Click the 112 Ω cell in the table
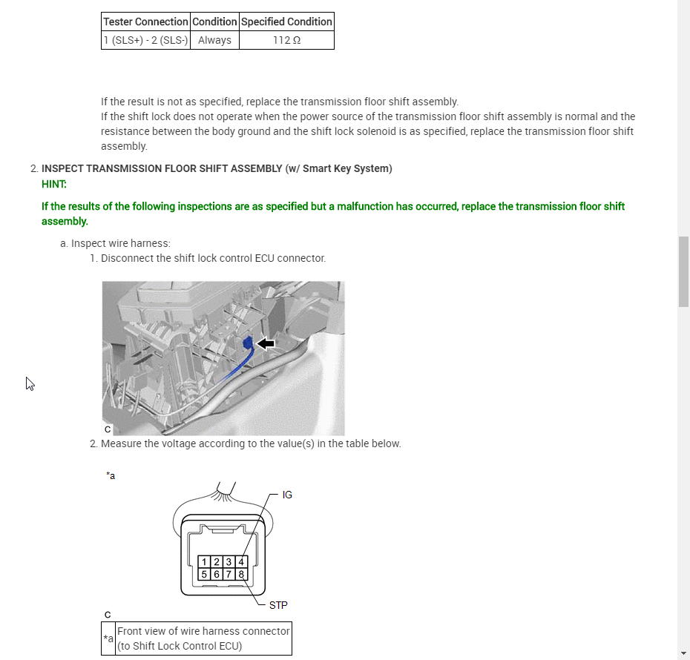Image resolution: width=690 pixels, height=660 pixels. [x=286, y=40]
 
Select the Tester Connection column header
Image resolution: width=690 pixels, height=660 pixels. [x=145, y=22]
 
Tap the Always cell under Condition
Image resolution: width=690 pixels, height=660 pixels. [x=214, y=40]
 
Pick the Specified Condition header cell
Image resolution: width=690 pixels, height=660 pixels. [x=286, y=22]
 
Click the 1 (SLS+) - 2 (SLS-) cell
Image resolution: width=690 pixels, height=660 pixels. [x=145, y=40]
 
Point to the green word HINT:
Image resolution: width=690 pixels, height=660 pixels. [x=54, y=184]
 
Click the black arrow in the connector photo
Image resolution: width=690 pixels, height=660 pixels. [x=266, y=343]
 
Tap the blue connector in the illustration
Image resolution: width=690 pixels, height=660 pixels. [x=246, y=343]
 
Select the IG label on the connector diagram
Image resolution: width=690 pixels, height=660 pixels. [x=287, y=495]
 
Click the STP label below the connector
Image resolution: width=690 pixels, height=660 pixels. [x=278, y=605]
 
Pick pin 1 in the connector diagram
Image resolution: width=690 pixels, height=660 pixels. [x=205, y=562]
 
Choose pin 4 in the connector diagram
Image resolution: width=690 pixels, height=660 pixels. [x=240, y=562]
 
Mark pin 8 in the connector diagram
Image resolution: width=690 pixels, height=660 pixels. [x=240, y=574]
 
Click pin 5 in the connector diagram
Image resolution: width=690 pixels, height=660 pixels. [x=205, y=574]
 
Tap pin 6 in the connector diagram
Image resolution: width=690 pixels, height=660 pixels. [x=217, y=574]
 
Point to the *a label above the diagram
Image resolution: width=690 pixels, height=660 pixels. [x=111, y=476]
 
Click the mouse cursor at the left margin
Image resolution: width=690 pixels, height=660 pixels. [x=30, y=383]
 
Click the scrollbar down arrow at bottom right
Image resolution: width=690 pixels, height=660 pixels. [x=683, y=653]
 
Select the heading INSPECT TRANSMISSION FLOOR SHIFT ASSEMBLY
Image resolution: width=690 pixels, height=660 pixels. [x=162, y=168]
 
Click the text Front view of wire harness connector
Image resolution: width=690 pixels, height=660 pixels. [x=203, y=631]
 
